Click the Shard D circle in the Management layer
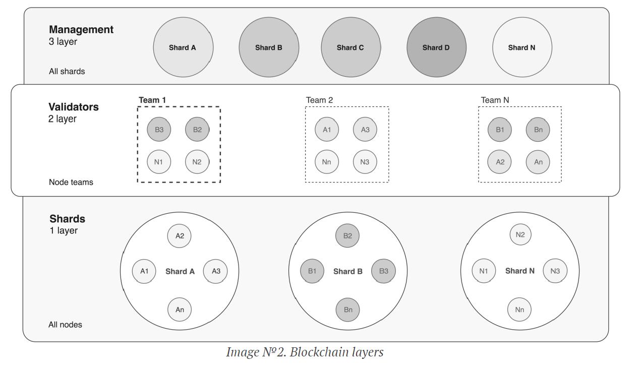[x=436, y=47]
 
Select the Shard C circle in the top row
[x=351, y=47]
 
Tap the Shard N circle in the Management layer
[x=522, y=47]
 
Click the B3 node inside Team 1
[x=159, y=130]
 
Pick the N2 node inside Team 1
[x=197, y=162]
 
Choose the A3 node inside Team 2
[x=365, y=130]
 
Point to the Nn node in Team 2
[x=327, y=162]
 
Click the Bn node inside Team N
[x=538, y=130]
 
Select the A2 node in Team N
[x=500, y=162]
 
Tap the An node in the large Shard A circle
[x=180, y=310]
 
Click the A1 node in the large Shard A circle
[x=144, y=271]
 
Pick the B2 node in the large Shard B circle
[x=347, y=235]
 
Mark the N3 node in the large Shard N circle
[x=555, y=271]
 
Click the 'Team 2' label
[x=319, y=100]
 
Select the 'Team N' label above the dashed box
[x=495, y=100]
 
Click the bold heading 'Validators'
[x=74, y=107]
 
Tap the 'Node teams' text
[x=71, y=182]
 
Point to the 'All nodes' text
[x=65, y=325]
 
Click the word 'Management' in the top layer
[x=81, y=30]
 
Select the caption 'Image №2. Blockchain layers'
[x=305, y=352]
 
